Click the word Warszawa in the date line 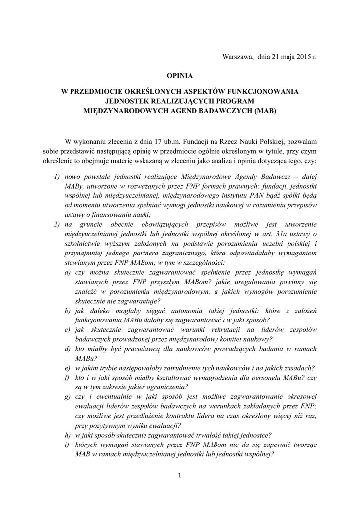point(238,57)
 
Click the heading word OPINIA point(179,76)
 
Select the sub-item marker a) point(67,273)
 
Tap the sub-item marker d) point(67,349)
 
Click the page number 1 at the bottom point(180,476)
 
